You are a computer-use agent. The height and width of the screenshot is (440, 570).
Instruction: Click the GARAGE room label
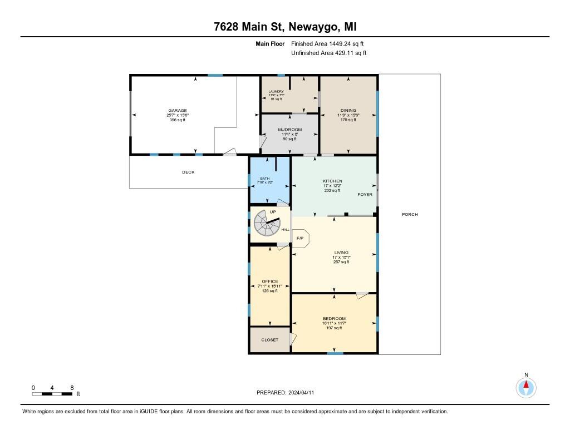point(178,111)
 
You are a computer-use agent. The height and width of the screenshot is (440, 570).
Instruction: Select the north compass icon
point(525,387)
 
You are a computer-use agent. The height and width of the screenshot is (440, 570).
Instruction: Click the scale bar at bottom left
point(52,394)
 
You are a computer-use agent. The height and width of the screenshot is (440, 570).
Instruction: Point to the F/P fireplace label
point(299,238)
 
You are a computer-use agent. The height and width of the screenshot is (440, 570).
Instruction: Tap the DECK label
point(188,172)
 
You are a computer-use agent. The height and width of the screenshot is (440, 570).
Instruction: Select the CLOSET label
point(269,340)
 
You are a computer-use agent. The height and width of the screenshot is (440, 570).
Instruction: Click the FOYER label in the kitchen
point(365,195)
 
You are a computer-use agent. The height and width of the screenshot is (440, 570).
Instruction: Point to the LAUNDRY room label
point(276,92)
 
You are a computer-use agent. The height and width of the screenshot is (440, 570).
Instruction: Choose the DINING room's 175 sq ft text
point(347,120)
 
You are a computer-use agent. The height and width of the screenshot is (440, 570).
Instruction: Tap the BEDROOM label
point(334,319)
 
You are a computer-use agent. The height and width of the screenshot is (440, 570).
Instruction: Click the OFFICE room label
point(269,281)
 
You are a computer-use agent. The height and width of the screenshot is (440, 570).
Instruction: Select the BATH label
point(264,179)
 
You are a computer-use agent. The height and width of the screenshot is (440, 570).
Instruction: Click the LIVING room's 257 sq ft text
point(341,261)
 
